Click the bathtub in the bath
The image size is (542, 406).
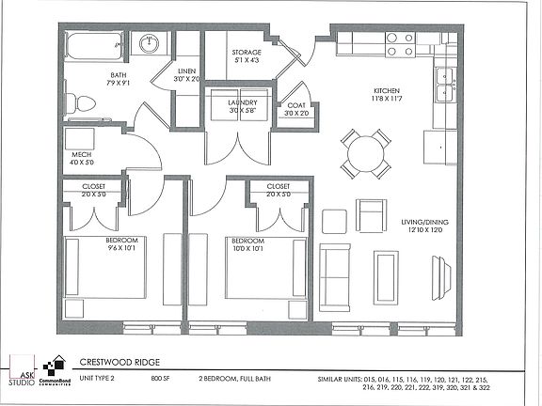(x=94, y=45)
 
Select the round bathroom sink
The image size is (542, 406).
(x=149, y=43)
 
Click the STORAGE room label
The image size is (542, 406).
(x=247, y=53)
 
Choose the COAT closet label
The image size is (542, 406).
(x=297, y=105)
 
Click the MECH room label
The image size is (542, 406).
(x=79, y=156)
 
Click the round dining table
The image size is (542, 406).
(x=365, y=154)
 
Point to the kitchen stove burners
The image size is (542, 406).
(x=400, y=43)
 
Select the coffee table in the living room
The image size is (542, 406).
(x=386, y=273)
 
